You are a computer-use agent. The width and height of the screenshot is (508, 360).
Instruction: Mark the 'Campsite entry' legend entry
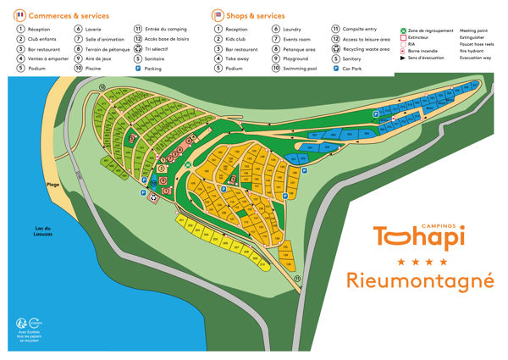(x=364, y=29)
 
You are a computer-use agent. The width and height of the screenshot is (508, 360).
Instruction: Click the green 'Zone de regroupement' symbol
(x=400, y=30)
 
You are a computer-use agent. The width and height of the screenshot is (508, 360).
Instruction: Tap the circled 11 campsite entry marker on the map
(x=297, y=279)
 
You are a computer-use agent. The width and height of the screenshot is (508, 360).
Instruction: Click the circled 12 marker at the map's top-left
(x=102, y=87)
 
